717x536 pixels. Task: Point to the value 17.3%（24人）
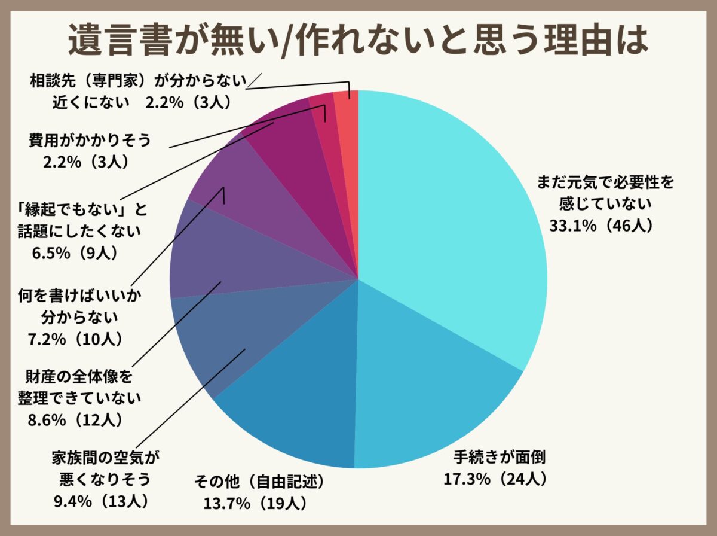pos(495,479)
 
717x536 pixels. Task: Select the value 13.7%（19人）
pos(255,503)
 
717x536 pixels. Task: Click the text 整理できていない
pos(84,398)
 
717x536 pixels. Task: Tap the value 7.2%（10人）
pos(76,339)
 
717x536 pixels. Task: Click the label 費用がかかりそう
pos(90,141)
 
